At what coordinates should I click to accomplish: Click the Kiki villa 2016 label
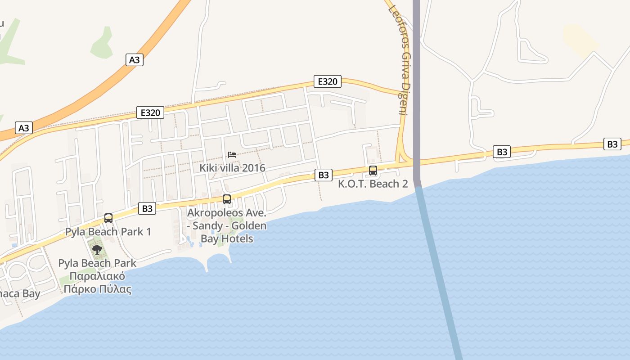point(232,168)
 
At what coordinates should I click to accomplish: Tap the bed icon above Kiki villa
point(232,155)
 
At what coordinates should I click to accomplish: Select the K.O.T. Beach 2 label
point(373,184)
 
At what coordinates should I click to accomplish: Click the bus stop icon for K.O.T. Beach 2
point(373,171)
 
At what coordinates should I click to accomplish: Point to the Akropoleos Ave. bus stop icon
point(227,199)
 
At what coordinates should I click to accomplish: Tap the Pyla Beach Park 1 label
point(108,232)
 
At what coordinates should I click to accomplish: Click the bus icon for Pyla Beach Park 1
point(108,218)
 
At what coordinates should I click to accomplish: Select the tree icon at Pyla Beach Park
point(97,249)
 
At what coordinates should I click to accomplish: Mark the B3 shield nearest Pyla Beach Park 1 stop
point(147,208)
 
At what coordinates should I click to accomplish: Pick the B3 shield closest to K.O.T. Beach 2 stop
point(323,175)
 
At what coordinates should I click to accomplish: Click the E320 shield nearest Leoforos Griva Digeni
point(327,81)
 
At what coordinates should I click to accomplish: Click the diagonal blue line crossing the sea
point(439,270)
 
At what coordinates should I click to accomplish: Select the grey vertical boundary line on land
point(416,90)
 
